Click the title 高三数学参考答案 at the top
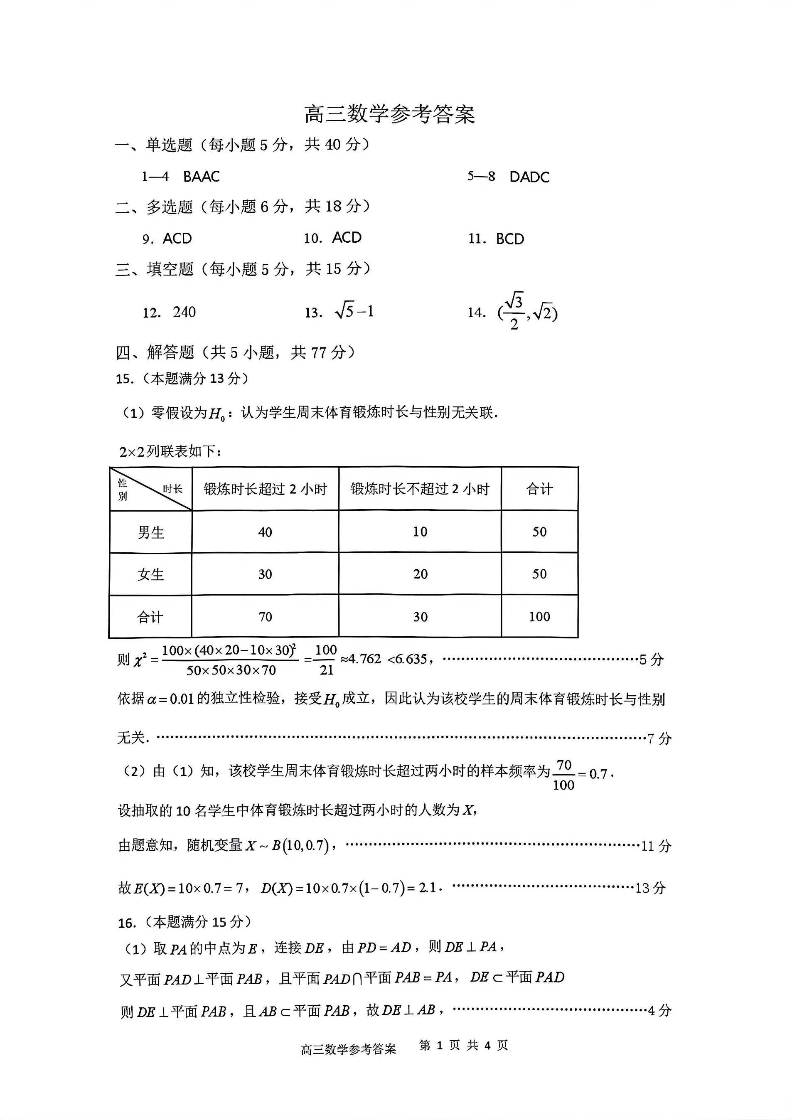[x=389, y=114]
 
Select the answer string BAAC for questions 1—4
[x=202, y=177]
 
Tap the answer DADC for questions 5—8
[x=529, y=177]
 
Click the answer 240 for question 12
[x=184, y=312]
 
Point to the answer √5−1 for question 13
[x=354, y=311]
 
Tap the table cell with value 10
[x=420, y=532]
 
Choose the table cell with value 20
[x=420, y=574]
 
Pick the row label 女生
[x=151, y=575]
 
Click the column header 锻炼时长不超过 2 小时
[x=420, y=489]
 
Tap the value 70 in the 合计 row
[x=265, y=617]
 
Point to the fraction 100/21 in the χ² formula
[x=326, y=660]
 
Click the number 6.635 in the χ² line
[x=413, y=659]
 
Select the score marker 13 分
[x=650, y=888]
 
